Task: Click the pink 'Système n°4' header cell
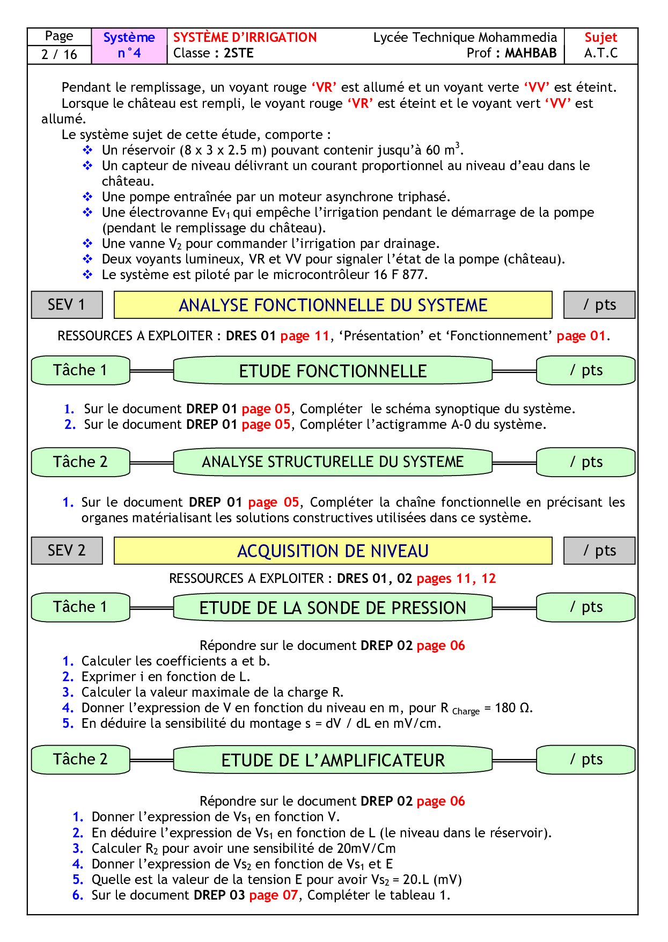point(129,45)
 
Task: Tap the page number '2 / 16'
point(59,54)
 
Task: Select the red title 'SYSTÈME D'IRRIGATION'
point(245,38)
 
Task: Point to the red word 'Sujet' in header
point(600,38)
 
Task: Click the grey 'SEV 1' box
point(67,305)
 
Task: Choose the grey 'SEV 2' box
point(67,551)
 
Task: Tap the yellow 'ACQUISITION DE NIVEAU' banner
point(333,551)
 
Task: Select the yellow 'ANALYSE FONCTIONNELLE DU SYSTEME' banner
point(333,305)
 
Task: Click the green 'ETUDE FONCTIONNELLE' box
point(333,371)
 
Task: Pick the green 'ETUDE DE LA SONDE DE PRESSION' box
point(333,608)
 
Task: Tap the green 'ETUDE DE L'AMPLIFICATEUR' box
point(333,761)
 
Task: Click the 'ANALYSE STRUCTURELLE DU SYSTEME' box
point(333,462)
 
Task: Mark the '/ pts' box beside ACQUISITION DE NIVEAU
point(599,551)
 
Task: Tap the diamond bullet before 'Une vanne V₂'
point(87,244)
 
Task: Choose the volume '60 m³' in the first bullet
point(443,150)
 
